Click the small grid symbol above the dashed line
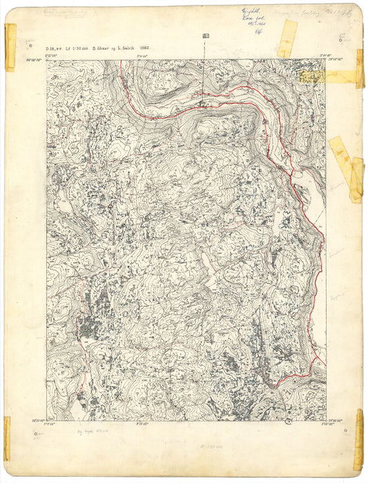pyautogui.click(x=205, y=35)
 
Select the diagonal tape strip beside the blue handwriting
pyautogui.click(x=287, y=38)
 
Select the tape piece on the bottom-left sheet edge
pyautogui.click(x=8, y=438)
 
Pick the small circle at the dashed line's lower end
pyautogui.click(x=202, y=104)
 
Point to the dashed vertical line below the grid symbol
pyautogui.click(x=204, y=69)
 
